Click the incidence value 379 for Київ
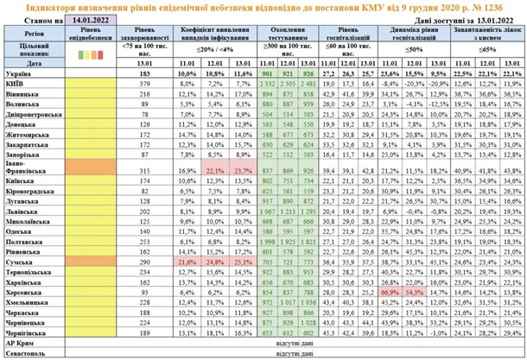144,83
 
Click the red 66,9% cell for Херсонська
388,293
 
